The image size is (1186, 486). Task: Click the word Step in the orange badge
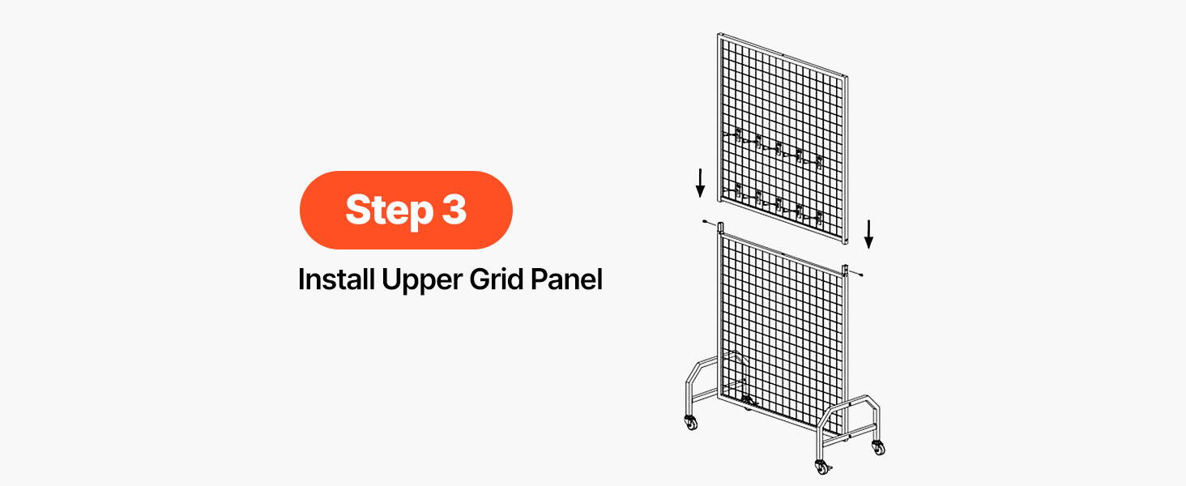390,210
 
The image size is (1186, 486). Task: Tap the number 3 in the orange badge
454,209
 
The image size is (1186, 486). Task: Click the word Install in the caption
337,279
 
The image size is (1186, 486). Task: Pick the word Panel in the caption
566,279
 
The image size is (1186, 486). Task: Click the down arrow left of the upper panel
701,182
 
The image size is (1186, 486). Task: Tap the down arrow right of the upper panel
869,234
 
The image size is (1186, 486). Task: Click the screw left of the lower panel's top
708,223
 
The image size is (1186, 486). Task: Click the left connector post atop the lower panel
721,228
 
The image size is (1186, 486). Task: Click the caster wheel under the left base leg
691,422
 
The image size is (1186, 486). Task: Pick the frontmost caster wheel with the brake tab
822,467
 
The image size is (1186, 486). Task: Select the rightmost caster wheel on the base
878,447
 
